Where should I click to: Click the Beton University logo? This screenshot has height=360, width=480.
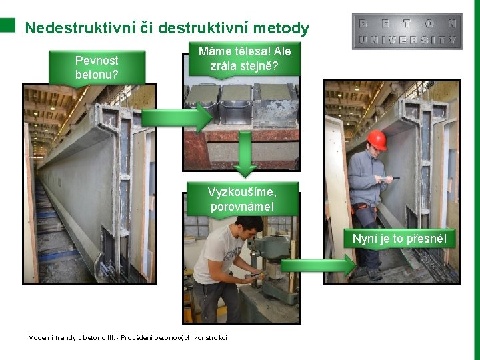(407, 31)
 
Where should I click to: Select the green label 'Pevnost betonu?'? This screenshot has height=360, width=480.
(97, 67)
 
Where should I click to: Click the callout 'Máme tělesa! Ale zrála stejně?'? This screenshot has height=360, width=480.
(245, 59)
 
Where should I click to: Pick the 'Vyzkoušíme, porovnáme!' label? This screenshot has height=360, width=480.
(243, 199)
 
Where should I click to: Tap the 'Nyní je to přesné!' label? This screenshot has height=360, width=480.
(399, 239)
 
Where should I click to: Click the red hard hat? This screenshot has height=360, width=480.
(377, 139)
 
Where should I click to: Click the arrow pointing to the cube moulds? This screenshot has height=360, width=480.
(177, 117)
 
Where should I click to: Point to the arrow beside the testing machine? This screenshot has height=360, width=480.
(319, 265)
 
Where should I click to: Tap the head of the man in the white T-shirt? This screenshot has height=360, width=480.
(249, 228)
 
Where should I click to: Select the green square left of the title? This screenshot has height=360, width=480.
(7, 25)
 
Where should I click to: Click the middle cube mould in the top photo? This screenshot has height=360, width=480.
(236, 104)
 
